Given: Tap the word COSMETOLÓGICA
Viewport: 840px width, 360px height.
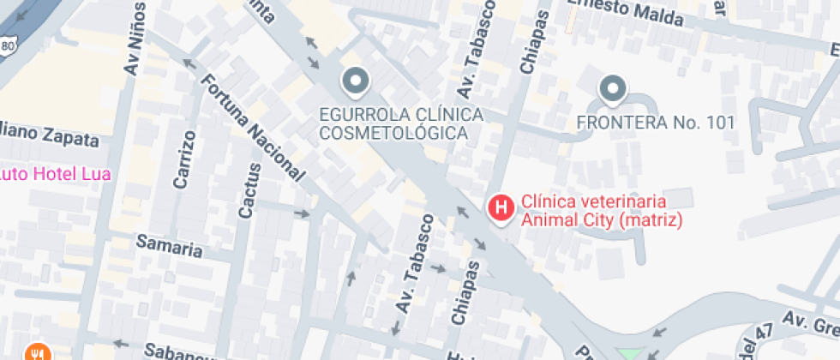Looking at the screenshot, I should [x=393, y=133].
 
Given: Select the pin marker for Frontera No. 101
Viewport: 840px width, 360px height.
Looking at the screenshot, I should [x=612, y=88].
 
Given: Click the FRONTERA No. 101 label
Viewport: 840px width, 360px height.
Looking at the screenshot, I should [x=656, y=123].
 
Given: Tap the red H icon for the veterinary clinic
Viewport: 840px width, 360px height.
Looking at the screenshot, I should [x=501, y=207].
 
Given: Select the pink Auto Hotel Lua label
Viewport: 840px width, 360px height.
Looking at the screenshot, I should [x=55, y=174].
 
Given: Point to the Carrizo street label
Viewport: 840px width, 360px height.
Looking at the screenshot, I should [x=184, y=159].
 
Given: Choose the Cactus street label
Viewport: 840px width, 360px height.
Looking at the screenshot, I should [x=246, y=189].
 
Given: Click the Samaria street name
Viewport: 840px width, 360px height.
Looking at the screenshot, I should [x=170, y=246].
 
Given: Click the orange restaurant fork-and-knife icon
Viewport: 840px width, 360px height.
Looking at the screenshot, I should [x=36, y=352].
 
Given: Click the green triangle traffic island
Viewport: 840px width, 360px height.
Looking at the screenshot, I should [x=629, y=354].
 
